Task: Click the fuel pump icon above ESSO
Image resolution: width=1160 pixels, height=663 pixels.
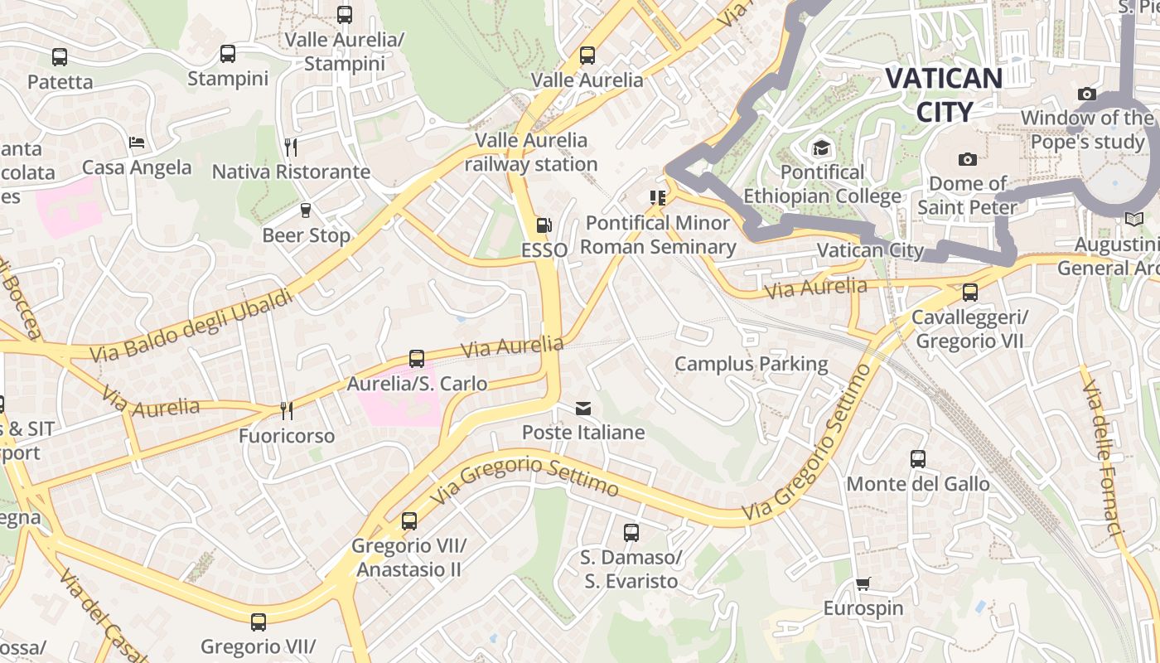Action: point(544,225)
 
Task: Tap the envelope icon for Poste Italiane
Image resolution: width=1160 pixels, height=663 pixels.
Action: point(583,408)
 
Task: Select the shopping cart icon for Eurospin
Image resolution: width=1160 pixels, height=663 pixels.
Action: point(863,583)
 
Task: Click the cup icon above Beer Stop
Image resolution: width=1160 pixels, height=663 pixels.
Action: point(305,211)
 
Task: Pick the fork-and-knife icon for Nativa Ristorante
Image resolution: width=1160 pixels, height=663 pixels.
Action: point(290,147)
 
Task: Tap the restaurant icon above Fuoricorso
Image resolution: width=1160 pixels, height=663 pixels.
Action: point(286,411)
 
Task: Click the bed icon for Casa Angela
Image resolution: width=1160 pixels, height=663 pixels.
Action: point(137,143)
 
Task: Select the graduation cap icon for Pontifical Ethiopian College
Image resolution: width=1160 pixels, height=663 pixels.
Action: point(821,148)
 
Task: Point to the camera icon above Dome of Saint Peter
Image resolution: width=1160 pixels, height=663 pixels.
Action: point(967,159)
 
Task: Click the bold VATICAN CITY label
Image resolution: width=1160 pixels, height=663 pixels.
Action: point(944,94)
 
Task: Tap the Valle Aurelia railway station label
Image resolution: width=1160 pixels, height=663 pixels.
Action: point(530,152)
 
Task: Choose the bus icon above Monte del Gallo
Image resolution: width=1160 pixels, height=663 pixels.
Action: point(917,459)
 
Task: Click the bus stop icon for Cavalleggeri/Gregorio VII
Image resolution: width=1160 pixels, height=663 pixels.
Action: point(969,293)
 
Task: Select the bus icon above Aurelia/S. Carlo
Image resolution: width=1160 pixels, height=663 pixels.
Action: point(416,359)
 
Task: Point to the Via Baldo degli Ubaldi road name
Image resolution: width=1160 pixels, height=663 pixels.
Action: point(191,325)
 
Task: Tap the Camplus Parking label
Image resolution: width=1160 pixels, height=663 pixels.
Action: point(751,364)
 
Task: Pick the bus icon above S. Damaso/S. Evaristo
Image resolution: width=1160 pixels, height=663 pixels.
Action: point(631,533)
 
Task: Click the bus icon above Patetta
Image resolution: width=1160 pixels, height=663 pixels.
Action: point(60,57)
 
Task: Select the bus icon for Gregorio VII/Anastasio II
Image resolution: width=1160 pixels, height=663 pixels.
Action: point(408,521)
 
